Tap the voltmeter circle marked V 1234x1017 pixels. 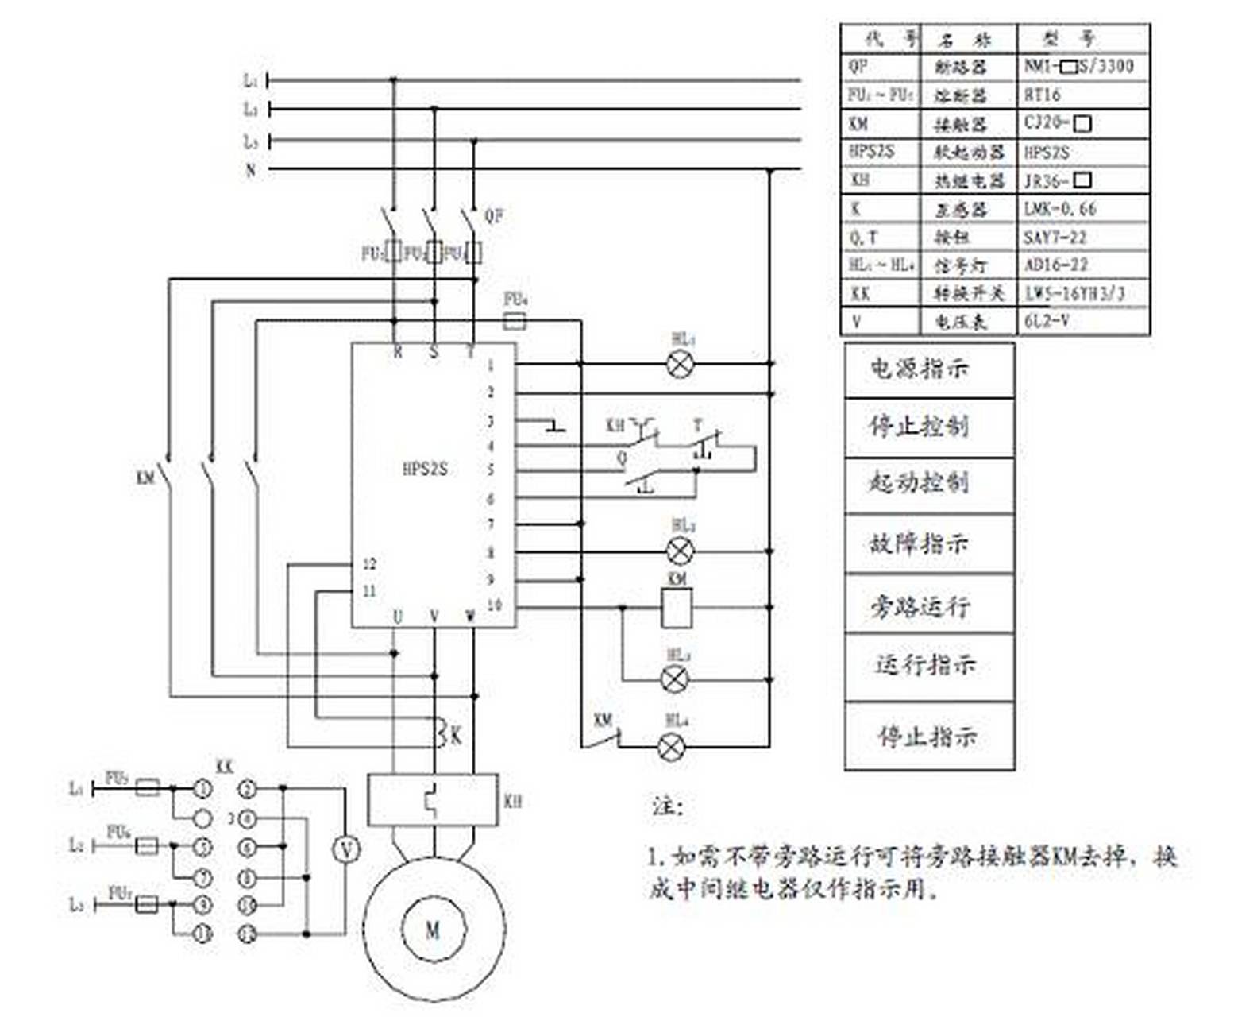pyautogui.click(x=345, y=850)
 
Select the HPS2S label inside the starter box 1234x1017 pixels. pyautogui.click(x=425, y=469)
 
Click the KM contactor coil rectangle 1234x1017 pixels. pyautogui.click(x=677, y=608)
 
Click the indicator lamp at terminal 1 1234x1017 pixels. pyautogui.click(x=680, y=365)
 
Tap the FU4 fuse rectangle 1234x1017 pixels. pyautogui.click(x=515, y=320)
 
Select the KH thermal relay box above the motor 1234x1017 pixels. pyautogui.click(x=433, y=801)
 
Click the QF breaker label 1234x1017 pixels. pyautogui.click(x=494, y=215)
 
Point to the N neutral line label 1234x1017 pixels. pyautogui.click(x=251, y=170)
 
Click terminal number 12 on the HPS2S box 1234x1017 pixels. pyautogui.click(x=369, y=564)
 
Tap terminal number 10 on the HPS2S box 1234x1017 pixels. pyautogui.click(x=494, y=605)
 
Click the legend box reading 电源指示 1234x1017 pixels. pyautogui.click(x=928, y=369)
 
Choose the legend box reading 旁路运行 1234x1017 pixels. pyautogui.click(x=928, y=605)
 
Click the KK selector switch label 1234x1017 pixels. pyautogui.click(x=225, y=768)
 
